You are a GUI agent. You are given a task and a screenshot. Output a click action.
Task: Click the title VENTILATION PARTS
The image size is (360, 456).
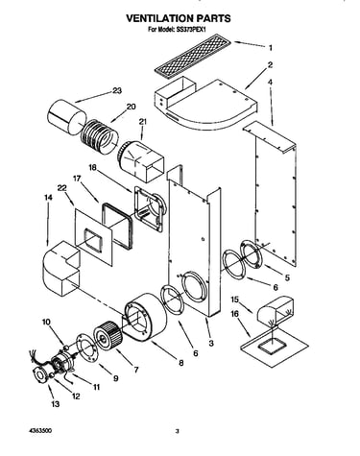179,18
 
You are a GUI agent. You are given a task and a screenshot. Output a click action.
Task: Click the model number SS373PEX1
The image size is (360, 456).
191,29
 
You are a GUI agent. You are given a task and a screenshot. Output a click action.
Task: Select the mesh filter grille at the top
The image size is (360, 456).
190,57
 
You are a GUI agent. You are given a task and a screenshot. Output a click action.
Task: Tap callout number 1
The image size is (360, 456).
271,48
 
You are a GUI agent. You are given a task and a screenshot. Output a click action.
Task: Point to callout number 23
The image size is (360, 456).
117,91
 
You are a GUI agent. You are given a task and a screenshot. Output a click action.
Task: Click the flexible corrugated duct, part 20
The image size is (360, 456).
99,135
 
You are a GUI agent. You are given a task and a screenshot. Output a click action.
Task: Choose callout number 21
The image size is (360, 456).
143,122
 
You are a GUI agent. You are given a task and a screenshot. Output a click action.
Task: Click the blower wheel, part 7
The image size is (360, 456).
107,336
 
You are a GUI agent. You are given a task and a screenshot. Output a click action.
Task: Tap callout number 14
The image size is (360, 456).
48,198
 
